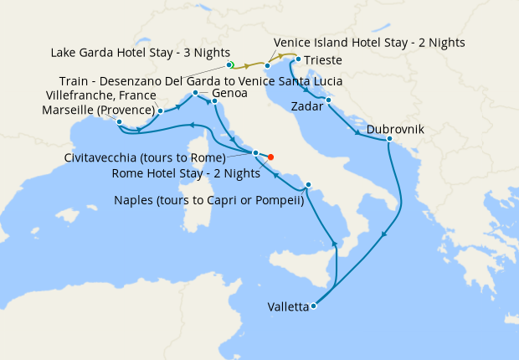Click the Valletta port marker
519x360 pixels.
[313, 306]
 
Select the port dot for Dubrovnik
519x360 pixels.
[390, 139]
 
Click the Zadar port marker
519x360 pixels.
[328, 100]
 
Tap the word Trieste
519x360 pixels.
[323, 60]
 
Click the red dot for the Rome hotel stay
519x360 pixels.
[270, 157]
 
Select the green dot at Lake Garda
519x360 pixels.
[229, 64]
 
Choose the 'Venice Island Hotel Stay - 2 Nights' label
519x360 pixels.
[369, 42]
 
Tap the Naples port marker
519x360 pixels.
[309, 185]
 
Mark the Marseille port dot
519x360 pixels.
[120, 122]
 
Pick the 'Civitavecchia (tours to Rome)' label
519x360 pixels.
[144, 157]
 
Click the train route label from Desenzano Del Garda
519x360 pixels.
[210, 80]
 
